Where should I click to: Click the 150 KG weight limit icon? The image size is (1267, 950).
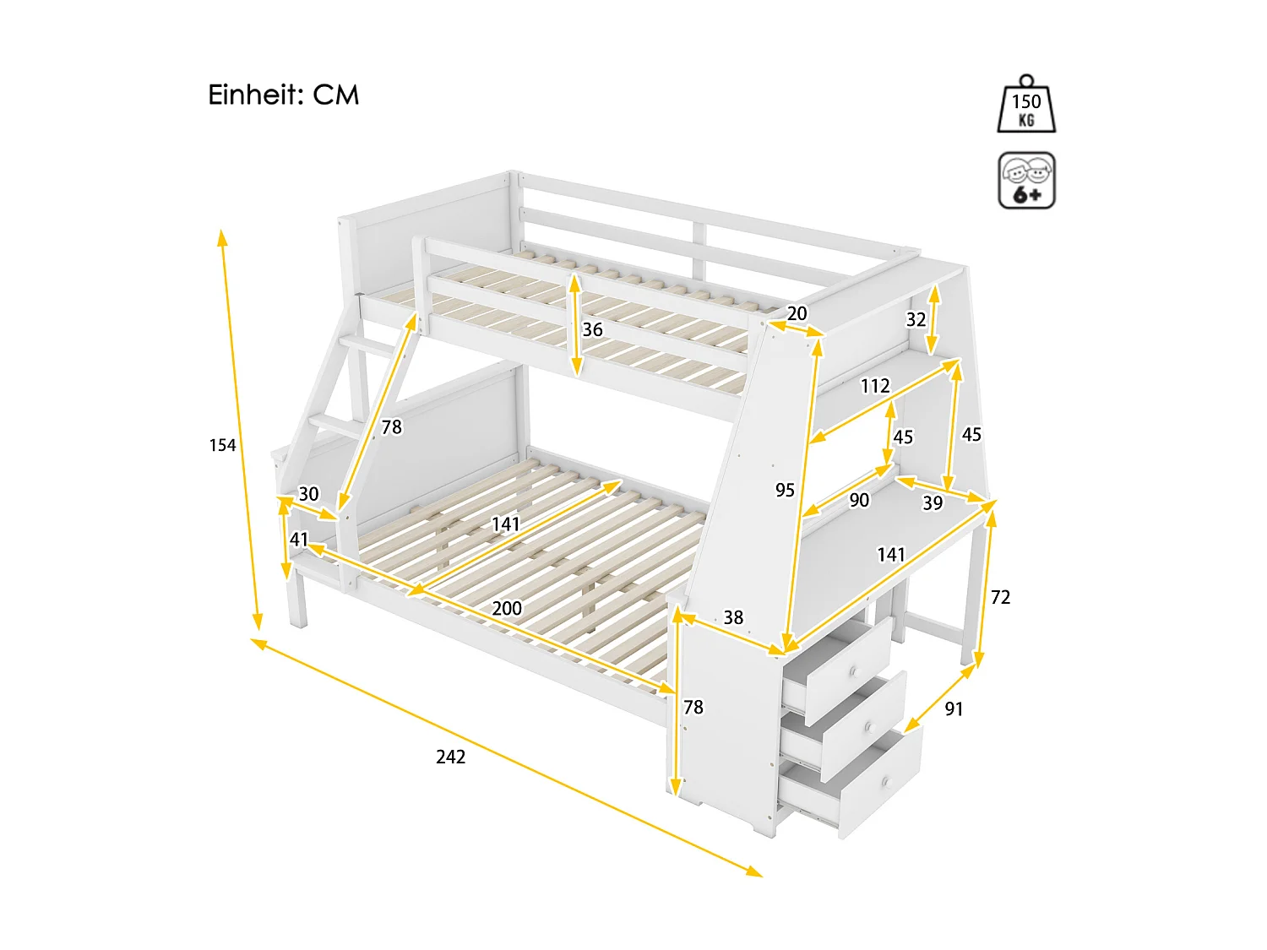click(x=1026, y=105)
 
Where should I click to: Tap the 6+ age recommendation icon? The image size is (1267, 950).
click(x=1026, y=181)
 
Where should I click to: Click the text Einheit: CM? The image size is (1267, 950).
click(x=284, y=95)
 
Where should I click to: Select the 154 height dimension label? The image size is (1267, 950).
click(x=223, y=445)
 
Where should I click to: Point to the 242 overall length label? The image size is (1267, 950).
click(x=450, y=757)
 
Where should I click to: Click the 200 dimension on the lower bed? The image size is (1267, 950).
click(x=507, y=608)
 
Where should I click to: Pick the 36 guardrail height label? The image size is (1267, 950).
click(x=593, y=329)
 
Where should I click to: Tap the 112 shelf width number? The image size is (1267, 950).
click(x=875, y=386)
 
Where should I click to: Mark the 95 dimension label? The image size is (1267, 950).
click(x=785, y=490)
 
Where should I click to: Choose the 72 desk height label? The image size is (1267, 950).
click(x=1000, y=597)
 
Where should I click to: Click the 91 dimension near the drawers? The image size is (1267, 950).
click(x=954, y=708)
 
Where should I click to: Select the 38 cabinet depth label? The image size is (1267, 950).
click(x=733, y=617)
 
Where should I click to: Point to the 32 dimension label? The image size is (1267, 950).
click(x=916, y=319)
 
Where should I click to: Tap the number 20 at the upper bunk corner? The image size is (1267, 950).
click(x=797, y=313)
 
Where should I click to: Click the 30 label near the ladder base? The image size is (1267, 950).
click(x=309, y=494)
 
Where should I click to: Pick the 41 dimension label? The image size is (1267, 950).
click(x=299, y=539)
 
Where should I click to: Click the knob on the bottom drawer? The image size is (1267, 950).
click(x=885, y=783)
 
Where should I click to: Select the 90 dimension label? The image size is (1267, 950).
click(x=859, y=500)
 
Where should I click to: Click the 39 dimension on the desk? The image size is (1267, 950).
click(x=933, y=502)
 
